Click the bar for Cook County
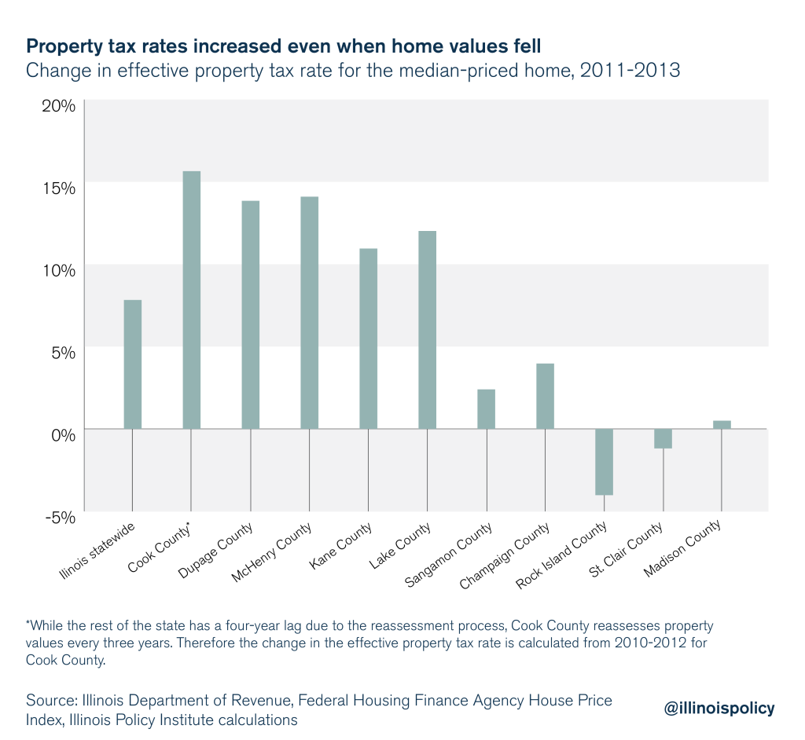[191, 299]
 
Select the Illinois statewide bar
[132, 364]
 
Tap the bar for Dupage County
[250, 314]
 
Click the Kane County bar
[368, 338]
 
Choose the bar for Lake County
[427, 329]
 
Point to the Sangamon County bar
[486, 408]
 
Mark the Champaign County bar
[545, 396]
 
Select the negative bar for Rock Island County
[604, 462]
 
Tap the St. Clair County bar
[663, 438]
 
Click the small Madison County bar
[722, 424]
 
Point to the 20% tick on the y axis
[58, 106]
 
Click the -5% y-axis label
[60, 517]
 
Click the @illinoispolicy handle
[719, 708]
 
